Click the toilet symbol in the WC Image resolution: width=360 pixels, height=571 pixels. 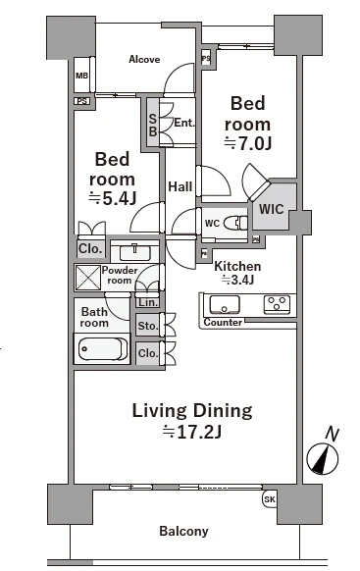(x=235, y=223)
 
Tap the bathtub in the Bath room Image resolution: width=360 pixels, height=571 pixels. (x=103, y=348)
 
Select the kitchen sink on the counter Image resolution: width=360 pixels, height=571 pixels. (x=225, y=304)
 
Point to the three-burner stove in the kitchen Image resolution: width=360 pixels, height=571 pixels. (x=277, y=304)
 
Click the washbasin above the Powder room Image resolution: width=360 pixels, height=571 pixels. (x=135, y=252)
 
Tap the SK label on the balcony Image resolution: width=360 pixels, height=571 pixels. (x=270, y=499)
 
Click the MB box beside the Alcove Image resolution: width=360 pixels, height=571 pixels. (x=81, y=76)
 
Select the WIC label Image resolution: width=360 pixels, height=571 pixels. (x=272, y=209)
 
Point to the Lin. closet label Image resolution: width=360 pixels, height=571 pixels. (x=148, y=302)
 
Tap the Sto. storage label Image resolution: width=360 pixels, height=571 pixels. (x=147, y=326)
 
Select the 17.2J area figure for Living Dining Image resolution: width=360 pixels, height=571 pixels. (x=192, y=432)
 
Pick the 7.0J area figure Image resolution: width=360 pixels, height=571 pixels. (x=248, y=143)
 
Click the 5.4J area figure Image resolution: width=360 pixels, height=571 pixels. (x=113, y=198)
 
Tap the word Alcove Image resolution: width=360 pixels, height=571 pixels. (x=144, y=59)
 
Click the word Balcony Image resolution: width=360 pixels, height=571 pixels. (x=183, y=532)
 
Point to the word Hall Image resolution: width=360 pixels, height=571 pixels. (x=180, y=186)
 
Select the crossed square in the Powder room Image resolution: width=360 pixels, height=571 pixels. (x=87, y=278)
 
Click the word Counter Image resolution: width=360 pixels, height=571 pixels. (x=223, y=322)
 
